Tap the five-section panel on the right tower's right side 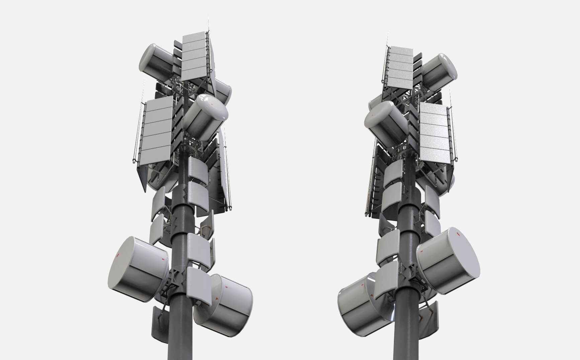point(435,136)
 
